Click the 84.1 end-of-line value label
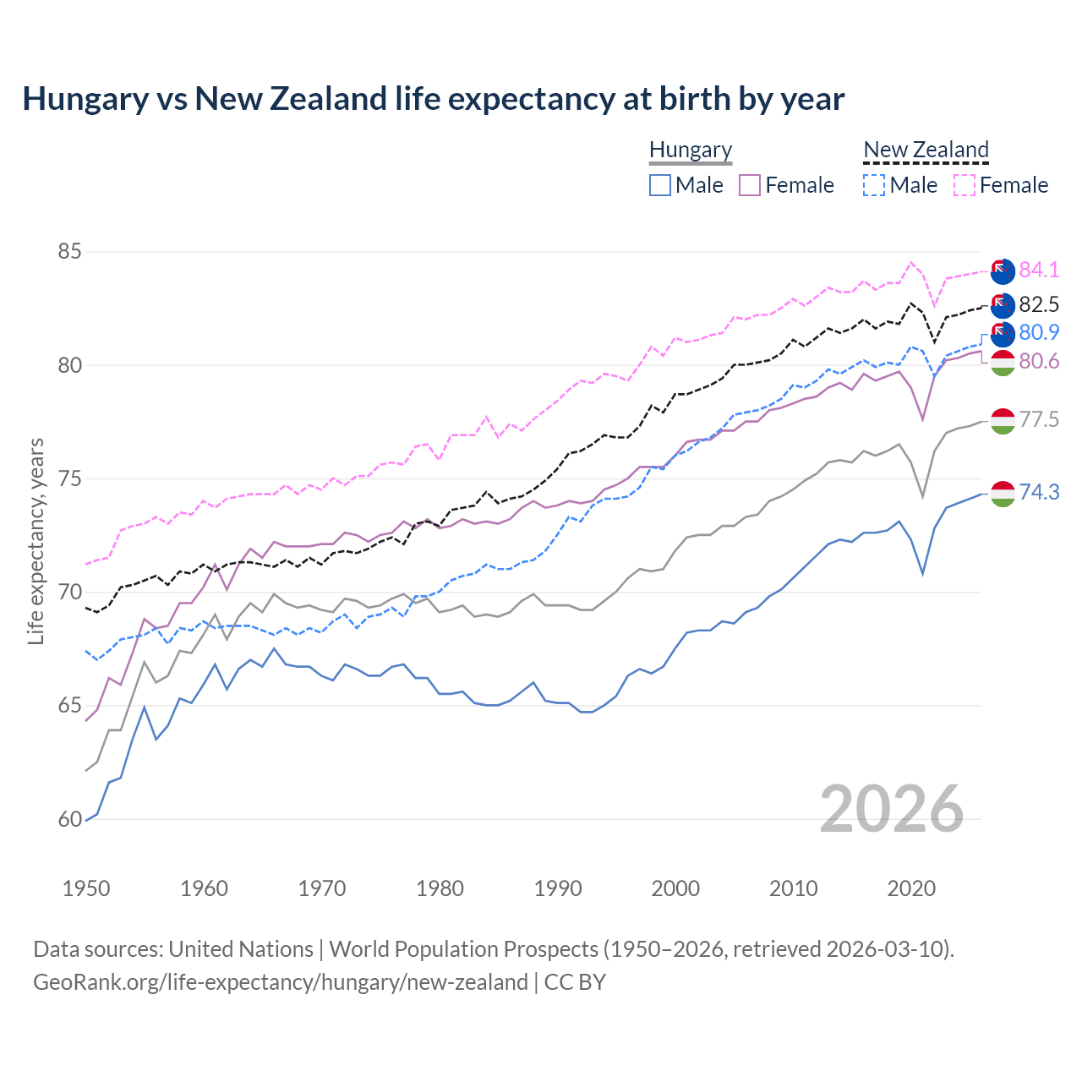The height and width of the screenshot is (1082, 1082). [1039, 270]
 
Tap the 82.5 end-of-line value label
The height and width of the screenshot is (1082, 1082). [1039, 304]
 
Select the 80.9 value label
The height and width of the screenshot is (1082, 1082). [1039, 332]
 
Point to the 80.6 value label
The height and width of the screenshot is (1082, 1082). [1039, 362]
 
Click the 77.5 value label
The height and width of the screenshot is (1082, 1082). [1039, 419]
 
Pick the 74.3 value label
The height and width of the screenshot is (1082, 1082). [1039, 492]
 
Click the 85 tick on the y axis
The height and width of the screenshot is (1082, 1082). [70, 252]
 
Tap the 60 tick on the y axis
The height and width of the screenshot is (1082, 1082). [70, 819]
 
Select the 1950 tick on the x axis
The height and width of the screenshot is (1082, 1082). [86, 888]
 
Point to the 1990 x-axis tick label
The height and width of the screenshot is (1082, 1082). [558, 888]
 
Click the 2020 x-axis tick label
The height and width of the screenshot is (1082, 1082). [911, 888]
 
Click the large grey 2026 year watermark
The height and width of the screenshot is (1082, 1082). [892, 809]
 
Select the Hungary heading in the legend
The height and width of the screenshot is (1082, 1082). [691, 150]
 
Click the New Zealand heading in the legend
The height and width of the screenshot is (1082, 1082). [926, 150]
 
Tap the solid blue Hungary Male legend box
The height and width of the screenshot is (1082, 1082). [660, 185]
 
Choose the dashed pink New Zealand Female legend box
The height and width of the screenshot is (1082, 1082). [965, 185]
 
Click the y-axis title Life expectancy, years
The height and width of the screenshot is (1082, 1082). [36, 541]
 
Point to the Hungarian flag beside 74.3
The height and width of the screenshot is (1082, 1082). [1003, 494]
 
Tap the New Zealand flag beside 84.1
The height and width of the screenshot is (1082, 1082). [1003, 271]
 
